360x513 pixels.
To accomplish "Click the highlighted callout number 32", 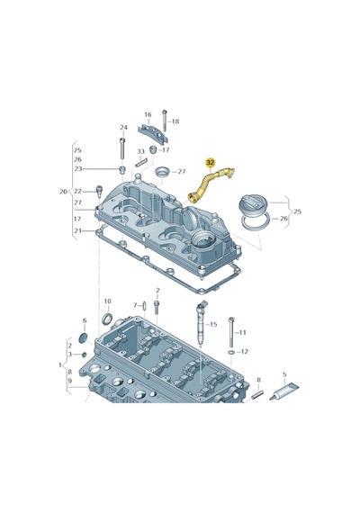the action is click(210, 162).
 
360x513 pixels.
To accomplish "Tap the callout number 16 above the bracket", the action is click(148, 114).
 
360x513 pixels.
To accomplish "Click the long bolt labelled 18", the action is click(165, 121).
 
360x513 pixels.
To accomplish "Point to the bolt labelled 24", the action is click(122, 148).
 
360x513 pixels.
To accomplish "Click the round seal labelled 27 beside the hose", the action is click(162, 172).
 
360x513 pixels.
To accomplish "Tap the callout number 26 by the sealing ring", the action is click(283, 218).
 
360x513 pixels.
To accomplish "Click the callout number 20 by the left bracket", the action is click(63, 192).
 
